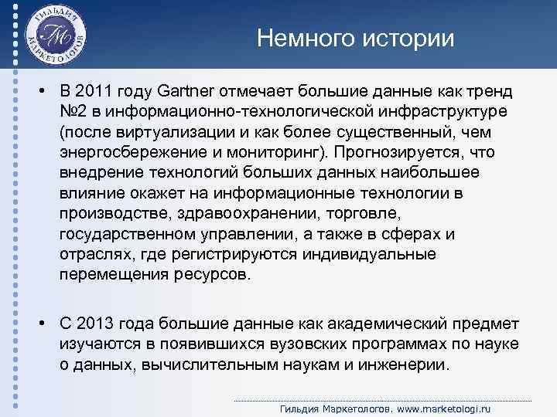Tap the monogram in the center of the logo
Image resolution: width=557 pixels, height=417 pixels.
[56, 35]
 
